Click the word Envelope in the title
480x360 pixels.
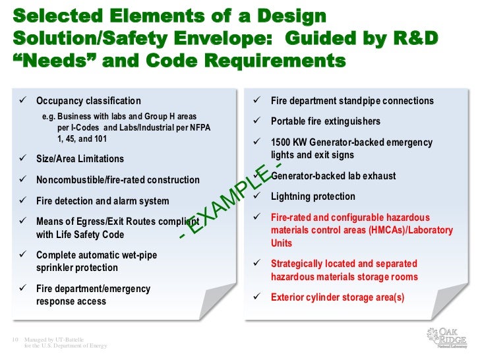(220, 38)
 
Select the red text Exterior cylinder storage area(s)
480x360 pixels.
(338, 297)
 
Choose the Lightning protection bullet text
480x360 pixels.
(313, 196)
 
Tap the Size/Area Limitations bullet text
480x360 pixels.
(80, 159)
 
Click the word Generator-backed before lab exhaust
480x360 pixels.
(308, 176)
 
